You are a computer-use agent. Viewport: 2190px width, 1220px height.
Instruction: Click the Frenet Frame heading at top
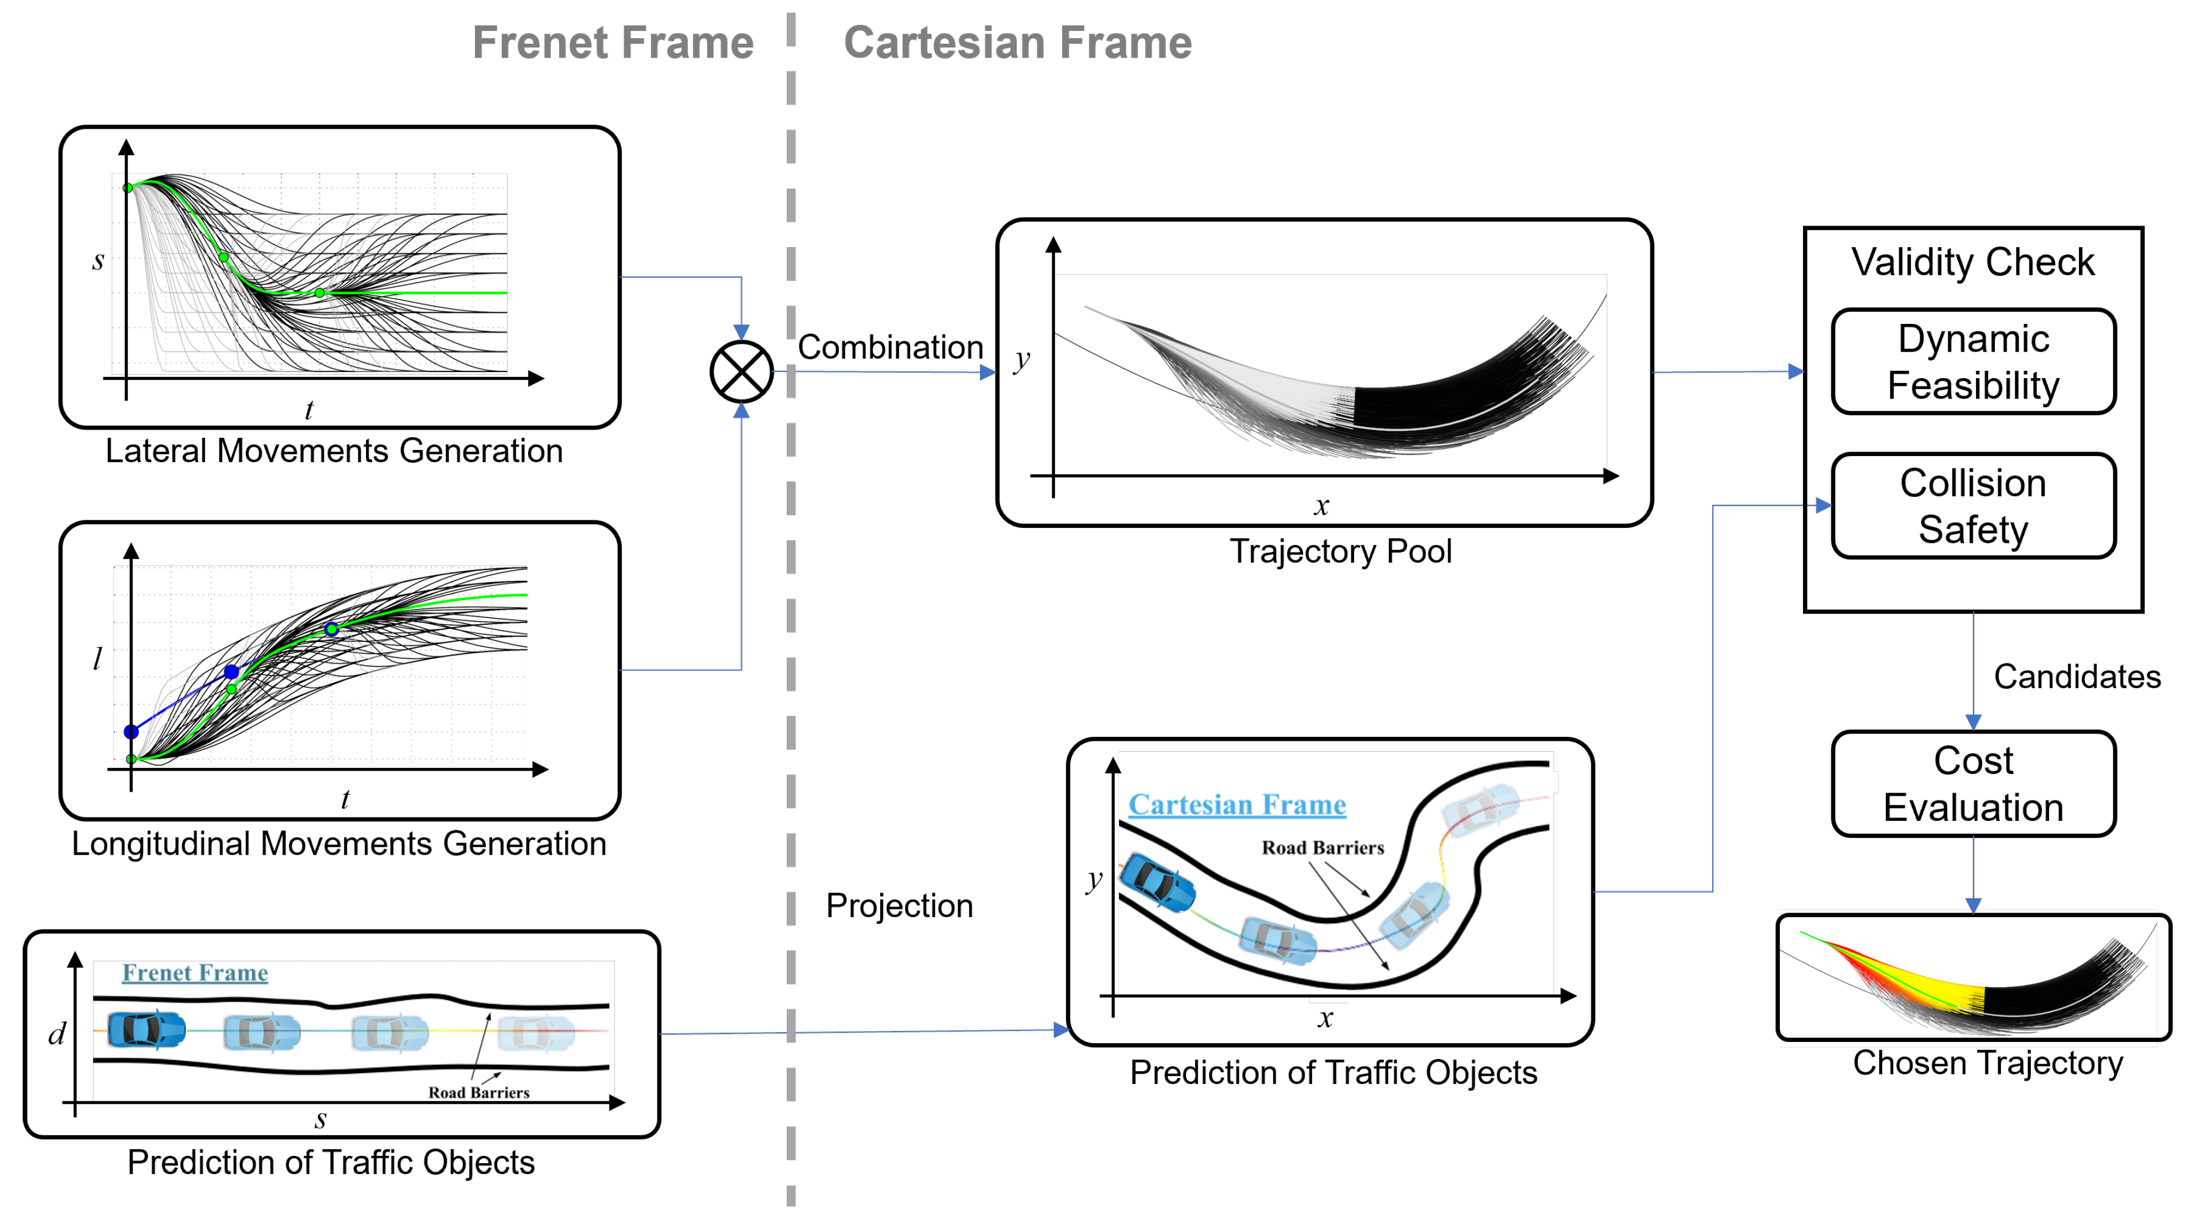(612, 43)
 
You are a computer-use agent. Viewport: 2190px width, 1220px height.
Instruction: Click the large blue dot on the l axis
(131, 731)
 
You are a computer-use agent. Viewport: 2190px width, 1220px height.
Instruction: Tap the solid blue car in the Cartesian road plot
(1158, 884)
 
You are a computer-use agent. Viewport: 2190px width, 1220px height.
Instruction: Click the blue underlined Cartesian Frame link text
(1236, 804)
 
